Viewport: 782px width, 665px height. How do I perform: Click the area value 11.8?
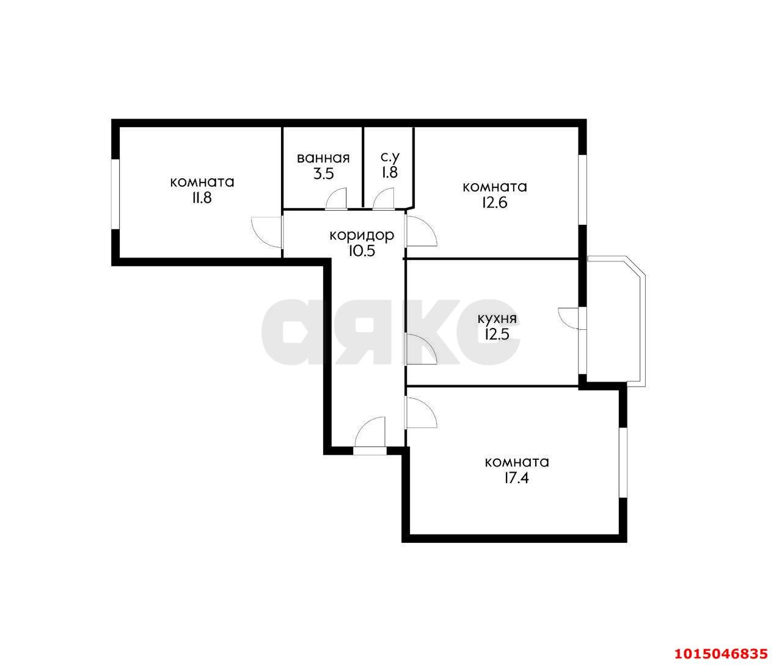coord(202,198)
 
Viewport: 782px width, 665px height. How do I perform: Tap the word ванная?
coord(323,159)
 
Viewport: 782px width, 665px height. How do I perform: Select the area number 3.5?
coord(323,173)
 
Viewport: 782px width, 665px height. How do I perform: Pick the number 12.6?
coord(494,202)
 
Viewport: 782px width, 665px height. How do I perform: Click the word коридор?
coord(362,235)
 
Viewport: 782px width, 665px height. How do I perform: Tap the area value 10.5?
coord(362,250)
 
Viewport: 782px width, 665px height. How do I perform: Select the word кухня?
coord(497,319)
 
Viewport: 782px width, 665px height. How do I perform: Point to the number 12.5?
coord(497,334)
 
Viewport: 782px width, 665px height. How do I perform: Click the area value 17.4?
coord(516,478)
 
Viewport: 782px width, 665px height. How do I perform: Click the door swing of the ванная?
coord(337,198)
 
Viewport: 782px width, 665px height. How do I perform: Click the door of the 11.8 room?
coord(266,231)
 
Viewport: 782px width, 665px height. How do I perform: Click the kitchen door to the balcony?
coord(571,318)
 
